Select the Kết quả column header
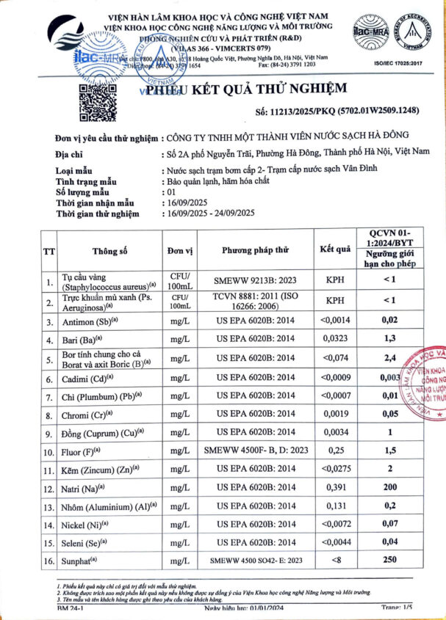[x=334, y=249]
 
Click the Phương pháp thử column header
[x=256, y=249]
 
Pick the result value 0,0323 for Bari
[x=334, y=340]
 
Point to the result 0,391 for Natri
[x=334, y=487]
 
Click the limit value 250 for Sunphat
[x=392, y=561]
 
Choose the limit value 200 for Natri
[x=392, y=487]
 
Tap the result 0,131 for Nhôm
[x=334, y=506]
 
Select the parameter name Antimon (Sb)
[x=91, y=321]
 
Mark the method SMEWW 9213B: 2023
[x=256, y=280]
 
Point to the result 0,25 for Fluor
[x=334, y=450]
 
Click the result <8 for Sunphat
[x=334, y=561]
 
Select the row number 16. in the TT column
[x=49, y=561]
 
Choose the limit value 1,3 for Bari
[x=392, y=340]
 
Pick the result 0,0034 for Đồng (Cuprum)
[x=334, y=431]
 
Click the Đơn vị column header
[x=180, y=249]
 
